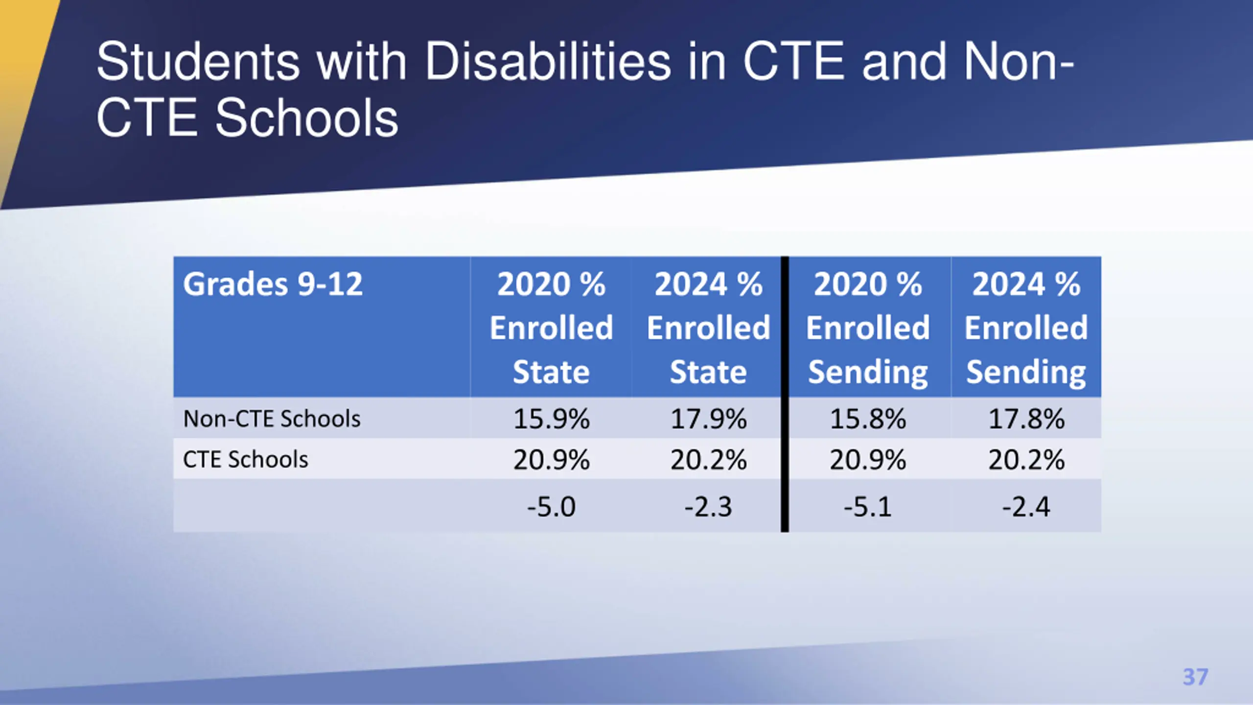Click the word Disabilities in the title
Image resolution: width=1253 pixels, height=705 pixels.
pyautogui.click(x=548, y=62)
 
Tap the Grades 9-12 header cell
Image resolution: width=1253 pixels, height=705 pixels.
pyautogui.click(x=273, y=284)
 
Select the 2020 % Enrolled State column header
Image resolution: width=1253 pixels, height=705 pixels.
pyautogui.click(x=551, y=327)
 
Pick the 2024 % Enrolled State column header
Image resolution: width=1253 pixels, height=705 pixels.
pyautogui.click(x=708, y=327)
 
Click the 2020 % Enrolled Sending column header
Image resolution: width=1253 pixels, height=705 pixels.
pyautogui.click(x=868, y=327)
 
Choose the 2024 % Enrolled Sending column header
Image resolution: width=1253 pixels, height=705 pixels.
pyautogui.click(x=1026, y=327)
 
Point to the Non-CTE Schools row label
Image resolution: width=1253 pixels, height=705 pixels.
pyautogui.click(x=272, y=419)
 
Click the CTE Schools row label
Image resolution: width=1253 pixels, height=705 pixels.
pyautogui.click(x=245, y=460)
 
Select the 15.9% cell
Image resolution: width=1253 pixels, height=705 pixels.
pyautogui.click(x=551, y=419)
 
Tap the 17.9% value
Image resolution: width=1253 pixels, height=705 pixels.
pyautogui.click(x=708, y=419)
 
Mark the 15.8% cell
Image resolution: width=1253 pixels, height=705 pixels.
pyautogui.click(x=868, y=419)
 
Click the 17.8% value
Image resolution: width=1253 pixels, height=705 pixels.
pyautogui.click(x=1026, y=419)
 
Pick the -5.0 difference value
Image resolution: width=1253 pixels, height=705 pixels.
pyautogui.click(x=551, y=507)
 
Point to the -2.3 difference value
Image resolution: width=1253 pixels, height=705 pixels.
pyautogui.click(x=708, y=507)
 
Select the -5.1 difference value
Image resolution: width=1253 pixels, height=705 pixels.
pyautogui.click(x=868, y=507)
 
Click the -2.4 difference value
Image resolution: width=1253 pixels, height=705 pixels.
pyautogui.click(x=1026, y=507)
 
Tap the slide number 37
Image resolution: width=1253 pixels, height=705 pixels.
pyautogui.click(x=1195, y=677)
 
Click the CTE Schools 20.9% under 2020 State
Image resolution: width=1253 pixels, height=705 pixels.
pyautogui.click(x=551, y=460)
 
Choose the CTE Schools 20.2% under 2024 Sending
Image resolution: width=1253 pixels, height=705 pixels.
pyautogui.click(x=1026, y=460)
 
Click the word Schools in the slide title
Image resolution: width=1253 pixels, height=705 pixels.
pyautogui.click(x=307, y=118)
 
